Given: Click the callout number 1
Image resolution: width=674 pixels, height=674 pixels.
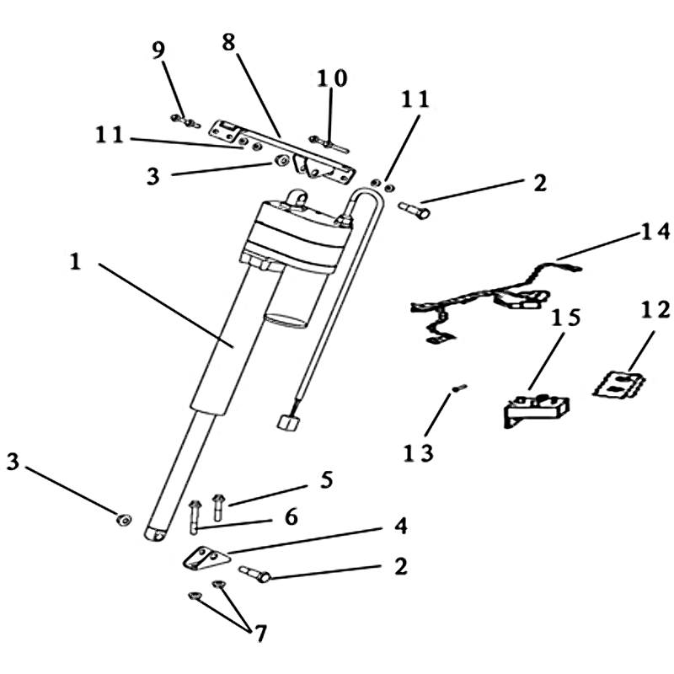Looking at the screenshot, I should (74, 262).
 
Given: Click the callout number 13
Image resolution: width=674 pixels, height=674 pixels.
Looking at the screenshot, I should (419, 452).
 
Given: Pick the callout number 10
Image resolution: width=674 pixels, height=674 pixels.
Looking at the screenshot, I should (331, 78).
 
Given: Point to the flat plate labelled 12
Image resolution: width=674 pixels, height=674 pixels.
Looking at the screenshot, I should (621, 384).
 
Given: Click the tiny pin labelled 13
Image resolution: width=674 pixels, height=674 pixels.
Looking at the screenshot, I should (459, 388).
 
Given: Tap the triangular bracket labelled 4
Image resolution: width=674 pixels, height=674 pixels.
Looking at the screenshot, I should (205, 559).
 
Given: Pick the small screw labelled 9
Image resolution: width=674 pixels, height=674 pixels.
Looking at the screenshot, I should (179, 119).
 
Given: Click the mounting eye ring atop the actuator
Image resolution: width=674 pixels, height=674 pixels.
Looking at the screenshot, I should (296, 200).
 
